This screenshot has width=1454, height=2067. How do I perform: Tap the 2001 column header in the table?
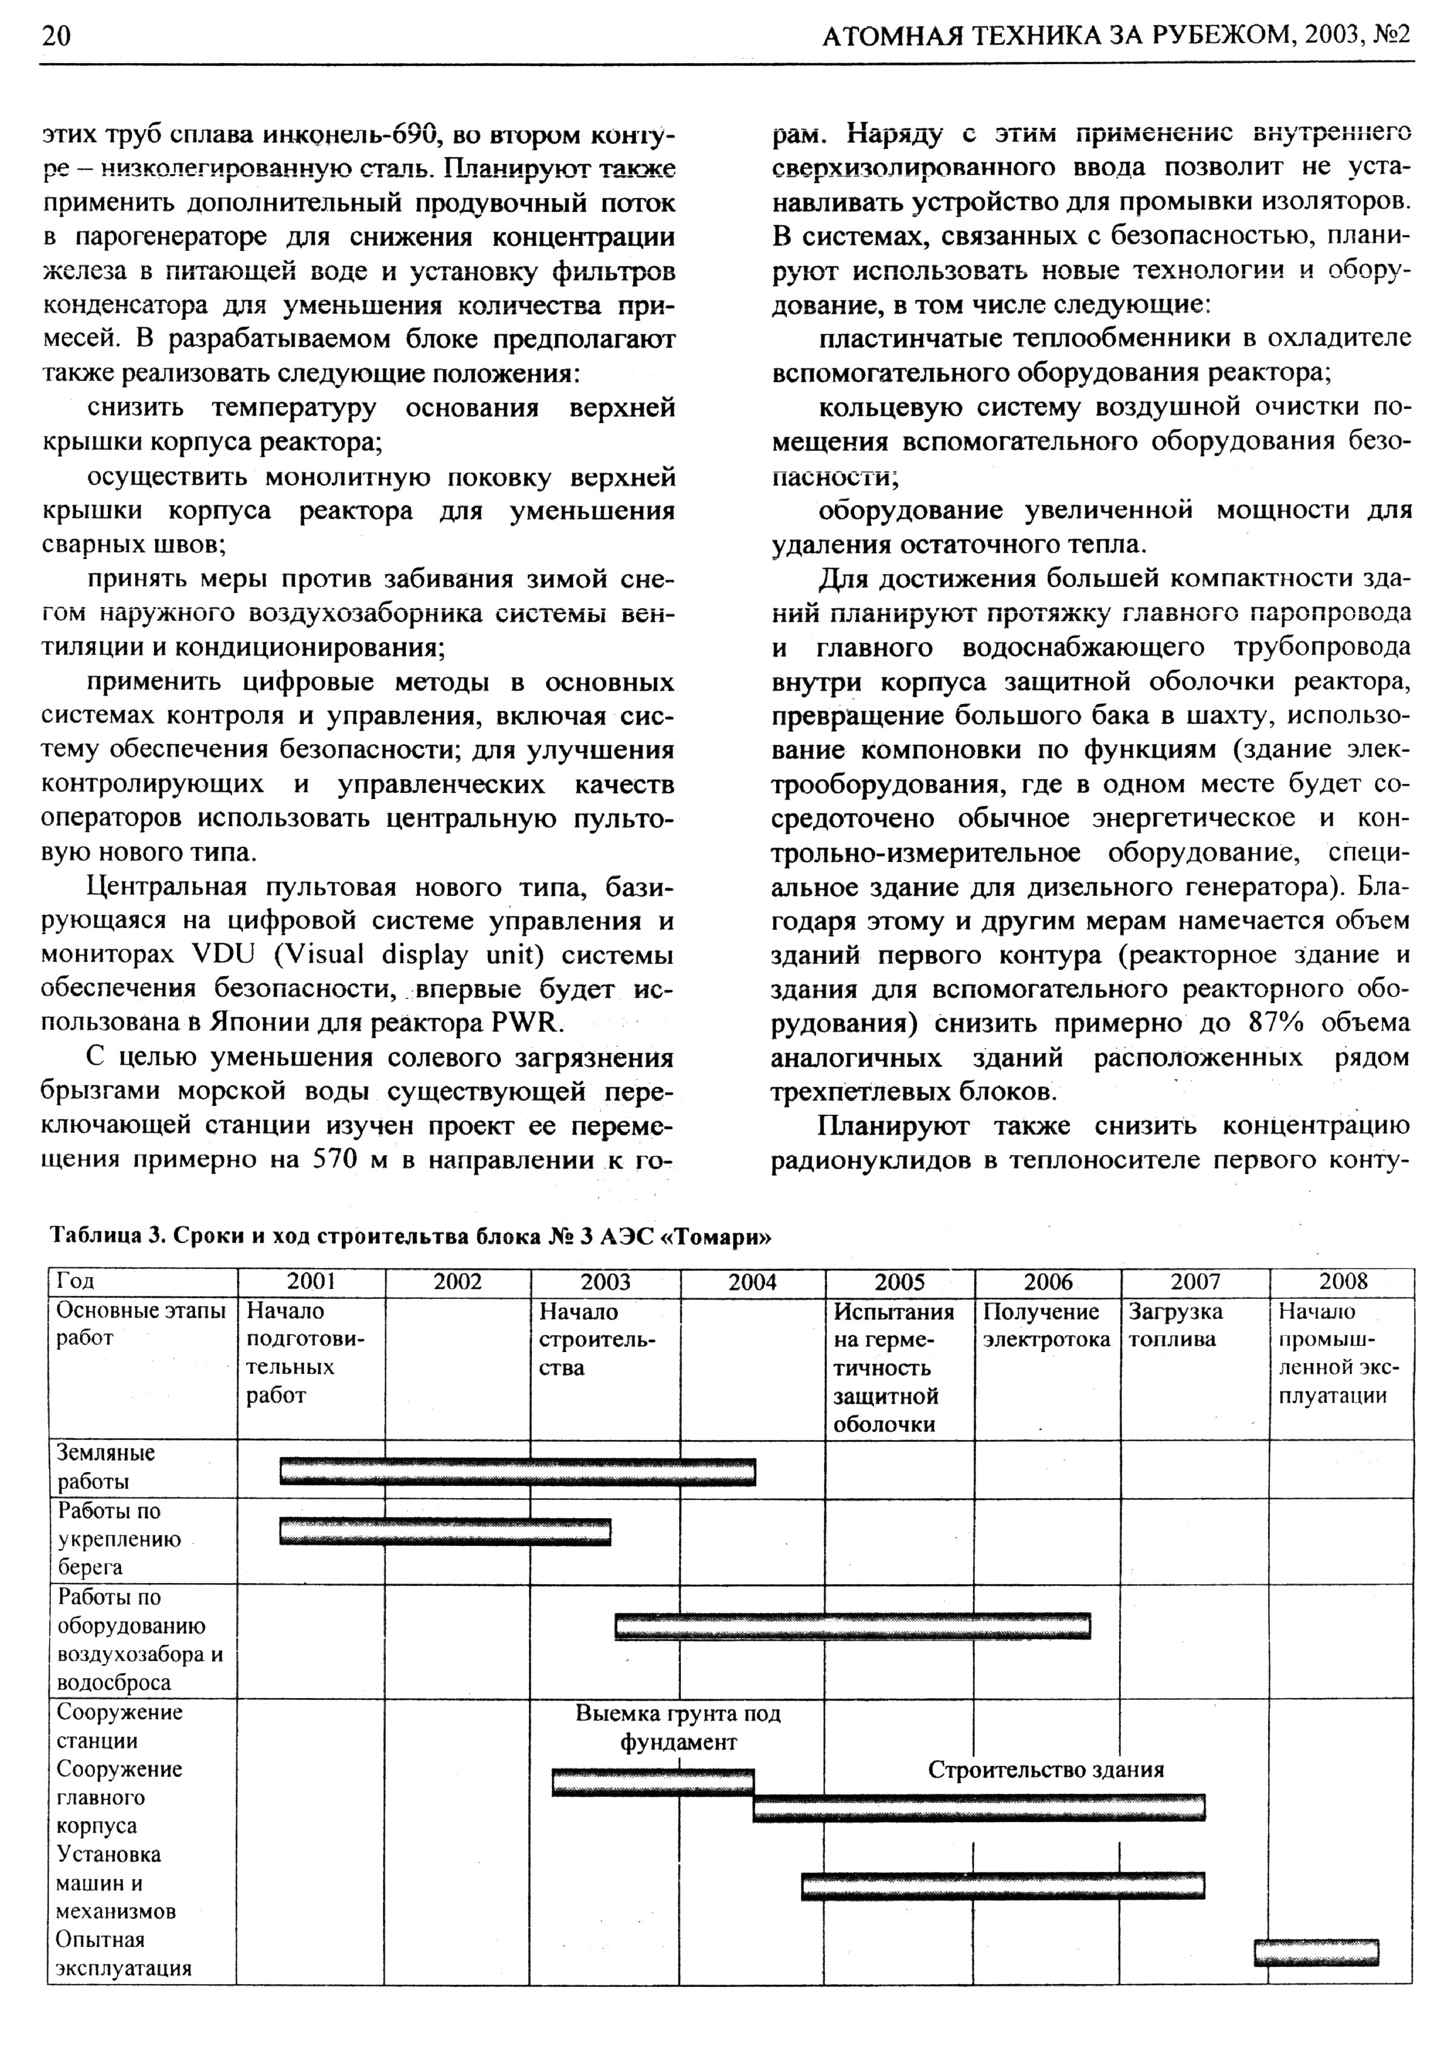(x=311, y=1282)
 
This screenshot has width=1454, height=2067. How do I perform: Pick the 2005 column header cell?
(x=900, y=1282)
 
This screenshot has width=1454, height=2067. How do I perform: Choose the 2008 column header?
(x=1343, y=1282)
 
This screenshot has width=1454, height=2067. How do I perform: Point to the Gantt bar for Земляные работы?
(x=517, y=1472)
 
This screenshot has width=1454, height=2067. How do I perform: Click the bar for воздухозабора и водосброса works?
(x=852, y=1626)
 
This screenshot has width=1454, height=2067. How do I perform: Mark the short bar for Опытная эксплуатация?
(x=1315, y=1952)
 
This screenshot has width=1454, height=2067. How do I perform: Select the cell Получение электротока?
(x=1046, y=1325)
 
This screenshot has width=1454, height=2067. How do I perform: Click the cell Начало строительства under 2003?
(x=597, y=1339)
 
